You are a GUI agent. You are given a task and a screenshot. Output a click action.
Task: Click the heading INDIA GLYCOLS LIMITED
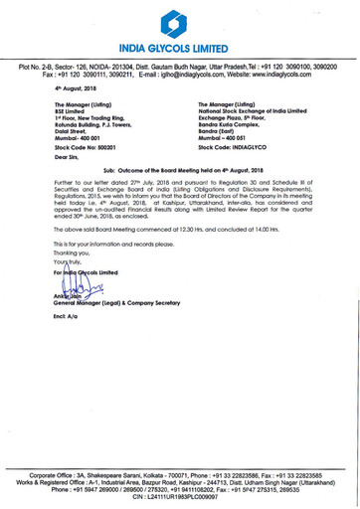pos(180,48)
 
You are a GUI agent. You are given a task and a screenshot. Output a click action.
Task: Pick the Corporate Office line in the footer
pos(180,475)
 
